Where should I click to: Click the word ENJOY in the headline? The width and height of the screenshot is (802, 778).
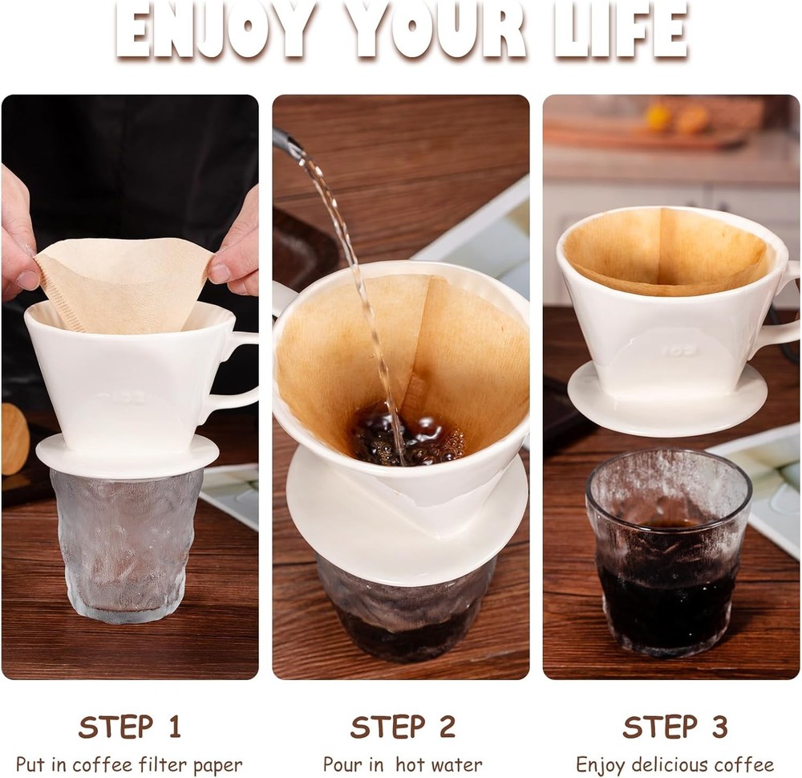213,30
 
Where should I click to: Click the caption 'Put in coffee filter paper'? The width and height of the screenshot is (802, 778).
129,764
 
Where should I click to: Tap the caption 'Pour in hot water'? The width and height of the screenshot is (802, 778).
402,764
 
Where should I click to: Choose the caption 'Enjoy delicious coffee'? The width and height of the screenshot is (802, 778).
674,764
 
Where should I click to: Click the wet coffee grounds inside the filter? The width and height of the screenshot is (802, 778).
405,438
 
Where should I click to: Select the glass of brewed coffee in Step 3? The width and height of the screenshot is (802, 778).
667,562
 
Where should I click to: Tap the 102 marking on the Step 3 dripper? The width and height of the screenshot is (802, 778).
679,351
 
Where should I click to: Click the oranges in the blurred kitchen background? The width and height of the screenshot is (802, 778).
674,118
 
